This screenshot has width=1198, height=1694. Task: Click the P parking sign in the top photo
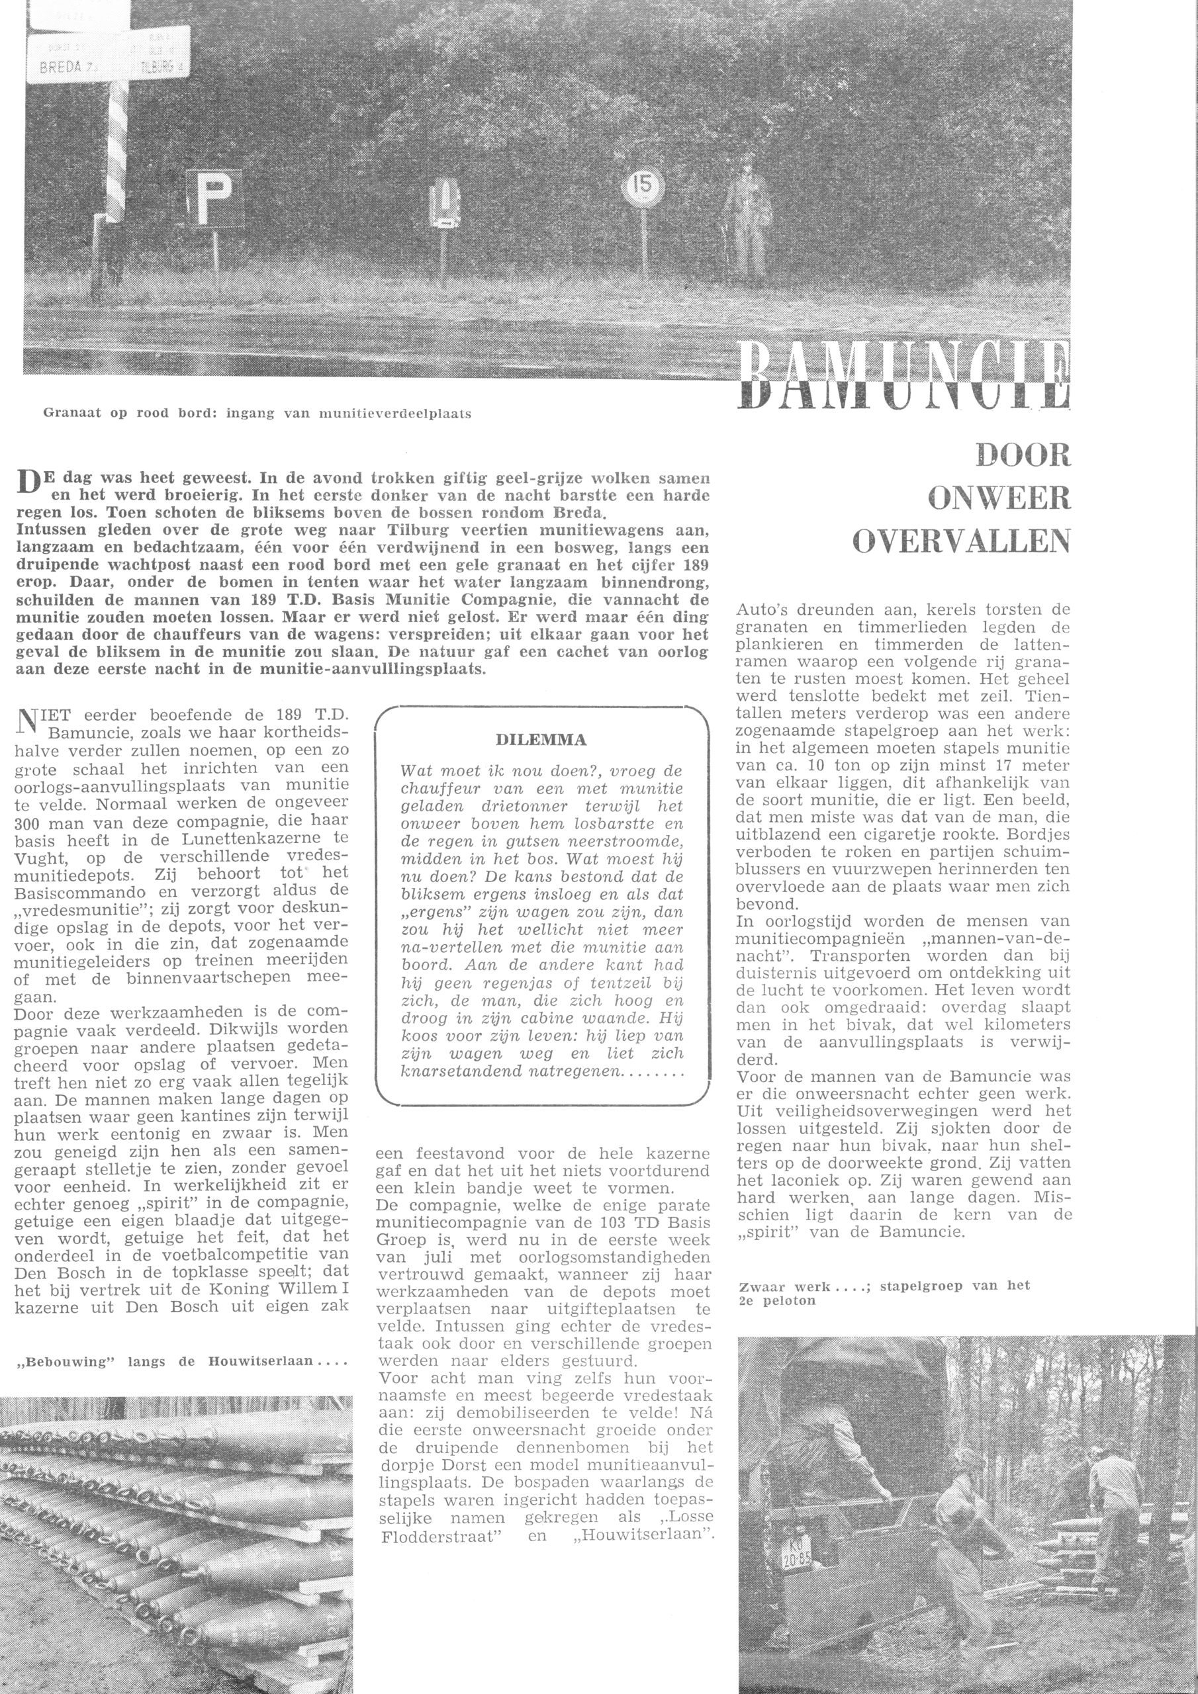[214, 199]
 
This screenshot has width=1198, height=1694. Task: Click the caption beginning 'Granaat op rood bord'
[257, 414]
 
